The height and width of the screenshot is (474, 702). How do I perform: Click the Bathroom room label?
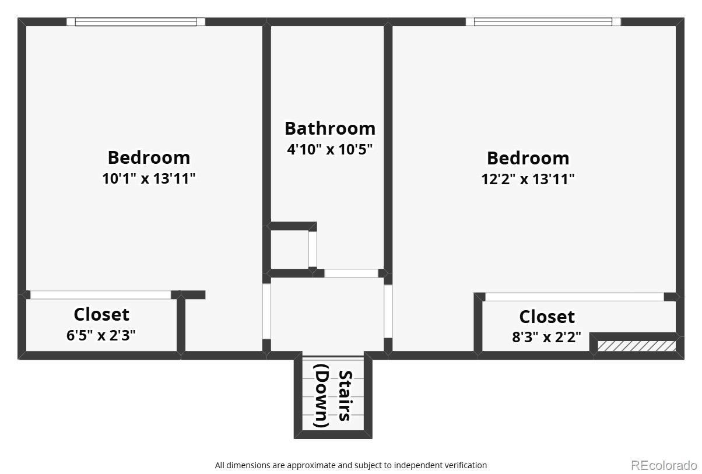329,128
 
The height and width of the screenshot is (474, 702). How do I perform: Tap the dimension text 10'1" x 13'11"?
149,178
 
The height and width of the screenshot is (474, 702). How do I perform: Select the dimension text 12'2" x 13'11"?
528,179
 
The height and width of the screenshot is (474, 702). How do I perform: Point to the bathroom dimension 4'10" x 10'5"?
329,149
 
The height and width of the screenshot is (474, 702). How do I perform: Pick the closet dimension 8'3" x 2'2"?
546,337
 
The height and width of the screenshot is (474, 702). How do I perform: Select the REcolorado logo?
664,465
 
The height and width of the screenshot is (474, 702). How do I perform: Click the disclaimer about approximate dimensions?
350,465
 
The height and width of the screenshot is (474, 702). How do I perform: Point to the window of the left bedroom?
136,22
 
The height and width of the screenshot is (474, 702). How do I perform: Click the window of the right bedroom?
543,22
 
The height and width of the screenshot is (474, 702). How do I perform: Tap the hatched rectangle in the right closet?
636,346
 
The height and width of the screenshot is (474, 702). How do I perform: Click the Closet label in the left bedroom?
101,314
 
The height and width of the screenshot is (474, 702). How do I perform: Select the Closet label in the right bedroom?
547,317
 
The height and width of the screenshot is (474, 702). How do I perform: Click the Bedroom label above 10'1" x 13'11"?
149,157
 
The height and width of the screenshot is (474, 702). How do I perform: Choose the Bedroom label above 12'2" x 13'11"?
528,158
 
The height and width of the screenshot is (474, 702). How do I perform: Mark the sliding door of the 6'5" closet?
100,295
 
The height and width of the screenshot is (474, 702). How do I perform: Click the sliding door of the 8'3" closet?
574,297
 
